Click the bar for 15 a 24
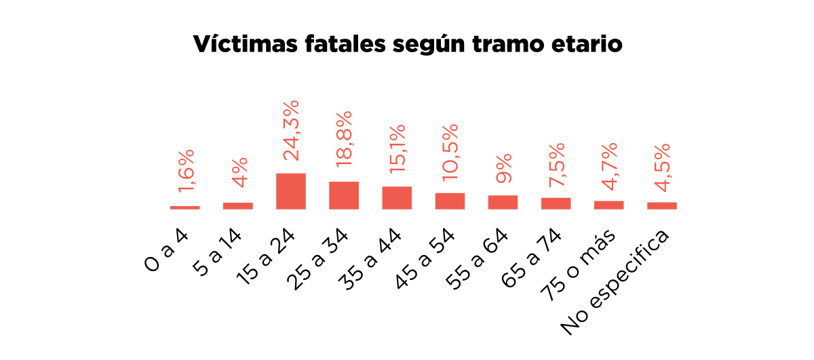(x=291, y=191)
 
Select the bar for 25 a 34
(x=344, y=195)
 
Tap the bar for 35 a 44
(x=397, y=197)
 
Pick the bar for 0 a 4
(x=185, y=207)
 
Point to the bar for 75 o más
(x=608, y=205)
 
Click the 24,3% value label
(x=291, y=130)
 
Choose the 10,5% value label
(x=450, y=153)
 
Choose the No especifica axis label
(x=615, y=282)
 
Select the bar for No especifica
(x=661, y=205)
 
